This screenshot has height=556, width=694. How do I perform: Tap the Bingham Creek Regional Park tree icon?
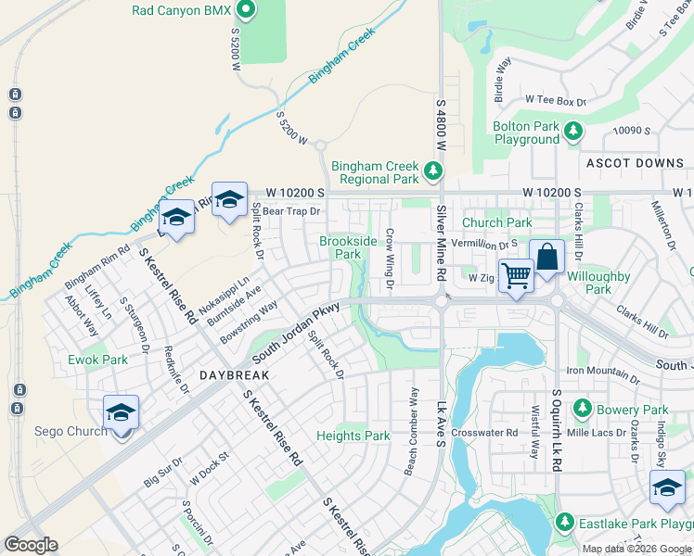pyautogui.click(x=432, y=171)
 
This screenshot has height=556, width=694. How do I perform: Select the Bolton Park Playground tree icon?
pyautogui.click(x=574, y=132)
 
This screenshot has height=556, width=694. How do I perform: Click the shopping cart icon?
pyautogui.click(x=515, y=274)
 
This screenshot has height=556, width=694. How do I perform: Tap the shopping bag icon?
pyautogui.click(x=546, y=256)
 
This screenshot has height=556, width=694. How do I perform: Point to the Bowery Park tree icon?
pyautogui.click(x=583, y=408)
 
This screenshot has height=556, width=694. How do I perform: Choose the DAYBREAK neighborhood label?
pyautogui.click(x=234, y=375)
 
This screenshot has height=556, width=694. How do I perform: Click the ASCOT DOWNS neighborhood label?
pyautogui.click(x=635, y=163)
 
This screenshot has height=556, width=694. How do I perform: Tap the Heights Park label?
pyautogui.click(x=353, y=436)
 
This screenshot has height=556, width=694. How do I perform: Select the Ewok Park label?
pyautogui.click(x=97, y=360)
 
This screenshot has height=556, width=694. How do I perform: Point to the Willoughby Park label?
pyautogui.click(x=599, y=283)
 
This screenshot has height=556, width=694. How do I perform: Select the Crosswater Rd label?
pyautogui.click(x=483, y=433)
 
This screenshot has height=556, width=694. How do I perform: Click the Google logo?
pyautogui.click(x=31, y=545)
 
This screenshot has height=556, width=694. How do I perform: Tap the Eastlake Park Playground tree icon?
pyautogui.click(x=564, y=524)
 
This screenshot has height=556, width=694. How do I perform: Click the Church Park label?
pyautogui.click(x=496, y=222)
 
